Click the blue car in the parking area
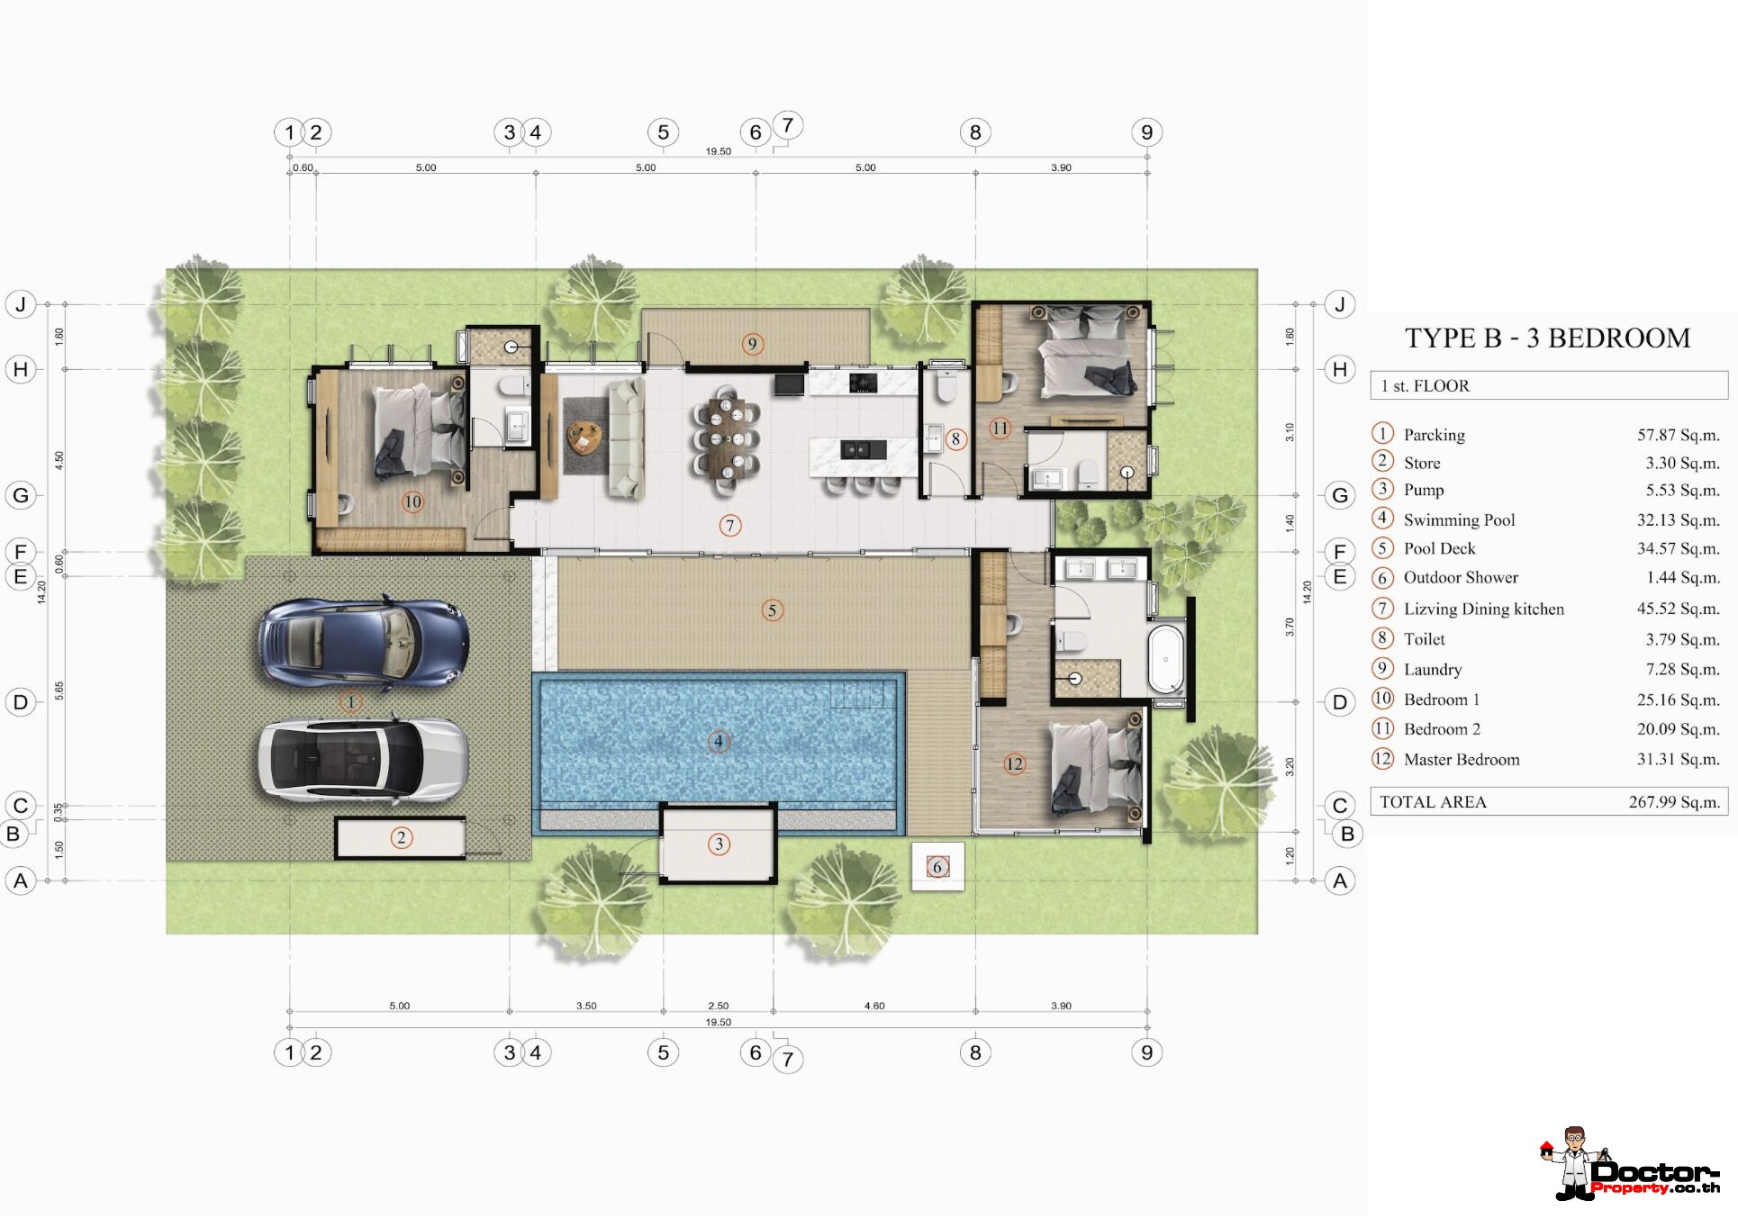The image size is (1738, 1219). click(364, 642)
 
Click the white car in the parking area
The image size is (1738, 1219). click(364, 759)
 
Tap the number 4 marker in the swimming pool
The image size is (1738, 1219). click(719, 742)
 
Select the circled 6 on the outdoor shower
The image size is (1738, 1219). click(937, 867)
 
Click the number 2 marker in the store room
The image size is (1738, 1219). click(402, 838)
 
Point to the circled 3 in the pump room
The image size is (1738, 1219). click(719, 844)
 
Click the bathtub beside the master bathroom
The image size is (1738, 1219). click(1166, 658)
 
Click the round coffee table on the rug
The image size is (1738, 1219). click(584, 438)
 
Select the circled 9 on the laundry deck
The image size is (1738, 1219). click(753, 344)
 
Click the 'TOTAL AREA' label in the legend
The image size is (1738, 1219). click(1433, 802)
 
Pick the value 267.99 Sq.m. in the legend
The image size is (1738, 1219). click(1674, 802)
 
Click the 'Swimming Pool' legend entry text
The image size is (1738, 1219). click(1459, 519)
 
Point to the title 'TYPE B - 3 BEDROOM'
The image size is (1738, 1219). click(1547, 338)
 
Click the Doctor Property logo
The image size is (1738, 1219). click(1629, 1163)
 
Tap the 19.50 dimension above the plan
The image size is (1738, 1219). click(719, 151)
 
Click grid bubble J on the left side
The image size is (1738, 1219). click(21, 304)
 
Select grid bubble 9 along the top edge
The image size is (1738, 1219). click(1146, 132)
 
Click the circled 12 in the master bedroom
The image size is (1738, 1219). click(1015, 764)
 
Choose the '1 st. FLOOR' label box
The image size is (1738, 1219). click(1549, 385)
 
